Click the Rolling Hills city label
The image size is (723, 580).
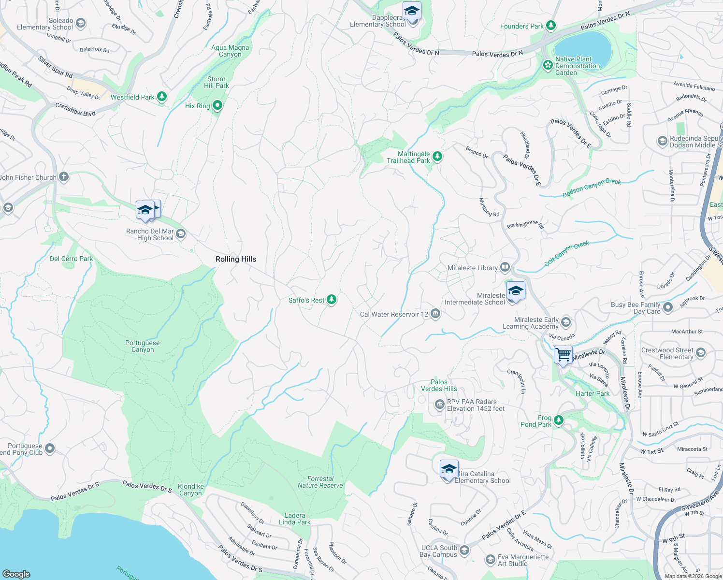tap(236, 259)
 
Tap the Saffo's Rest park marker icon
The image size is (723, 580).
tap(332, 300)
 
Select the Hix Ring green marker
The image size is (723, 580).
tap(217, 105)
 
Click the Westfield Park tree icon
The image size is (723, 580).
tap(162, 97)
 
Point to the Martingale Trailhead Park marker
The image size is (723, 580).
tap(437, 156)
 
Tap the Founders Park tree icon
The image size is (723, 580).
tap(550, 26)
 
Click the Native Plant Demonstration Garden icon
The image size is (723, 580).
tap(548, 65)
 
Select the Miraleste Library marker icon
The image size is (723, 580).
tap(505, 267)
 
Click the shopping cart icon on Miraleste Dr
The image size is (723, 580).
tap(564, 355)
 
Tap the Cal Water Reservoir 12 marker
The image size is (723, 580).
tap(435, 314)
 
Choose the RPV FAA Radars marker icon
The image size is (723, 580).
tap(439, 405)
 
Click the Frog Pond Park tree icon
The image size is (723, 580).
tap(559, 420)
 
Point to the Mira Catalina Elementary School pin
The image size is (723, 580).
tap(449, 469)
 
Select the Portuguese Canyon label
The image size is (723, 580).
tap(143, 346)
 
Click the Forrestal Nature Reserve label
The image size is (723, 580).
tap(320, 482)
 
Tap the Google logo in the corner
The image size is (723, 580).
tap(16, 574)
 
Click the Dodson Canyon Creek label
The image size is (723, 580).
tap(592, 188)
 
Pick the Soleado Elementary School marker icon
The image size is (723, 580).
tap(81, 23)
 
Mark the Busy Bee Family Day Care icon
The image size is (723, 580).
tap(668, 307)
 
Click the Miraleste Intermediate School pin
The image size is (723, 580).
tap(516, 291)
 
